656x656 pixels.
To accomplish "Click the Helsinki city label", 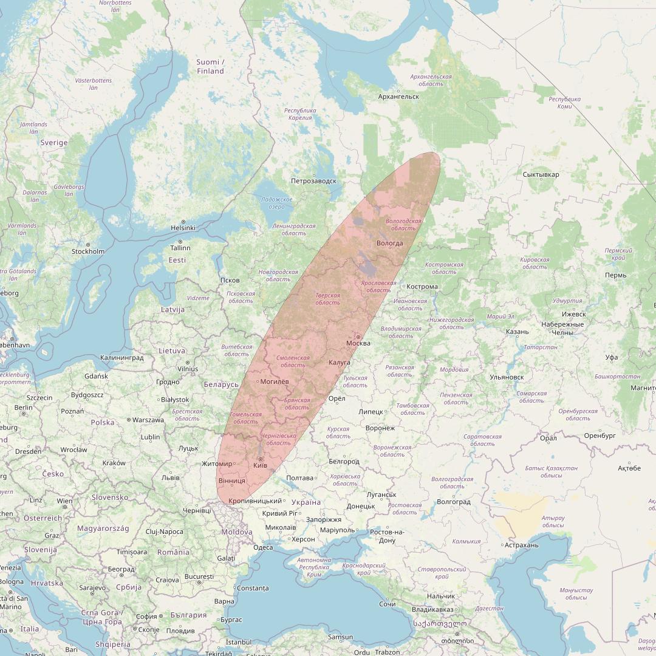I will point(183,228).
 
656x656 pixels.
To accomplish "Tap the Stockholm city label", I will point(88,251).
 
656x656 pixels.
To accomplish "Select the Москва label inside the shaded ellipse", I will point(358,344).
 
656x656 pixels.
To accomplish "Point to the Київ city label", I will point(260,465).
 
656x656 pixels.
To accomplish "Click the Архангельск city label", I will point(398,97).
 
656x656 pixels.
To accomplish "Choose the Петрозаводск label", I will point(313,181).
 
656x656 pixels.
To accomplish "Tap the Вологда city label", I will point(390,244).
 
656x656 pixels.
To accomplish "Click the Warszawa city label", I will point(148,420).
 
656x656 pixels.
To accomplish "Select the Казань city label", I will point(517,332).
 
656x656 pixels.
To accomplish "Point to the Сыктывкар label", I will point(541,175).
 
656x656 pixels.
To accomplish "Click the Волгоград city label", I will point(454,502).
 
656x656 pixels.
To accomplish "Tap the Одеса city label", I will point(263,547).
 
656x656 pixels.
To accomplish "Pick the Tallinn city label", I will point(180,248).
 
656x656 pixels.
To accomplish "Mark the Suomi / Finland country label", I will point(210,67).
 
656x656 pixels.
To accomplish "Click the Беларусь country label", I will point(221,384).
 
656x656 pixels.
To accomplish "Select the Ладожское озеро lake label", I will point(276,203).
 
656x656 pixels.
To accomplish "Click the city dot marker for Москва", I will point(358,337).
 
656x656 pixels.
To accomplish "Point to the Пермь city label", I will point(615,275).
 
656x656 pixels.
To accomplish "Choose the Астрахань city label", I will point(521,545).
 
